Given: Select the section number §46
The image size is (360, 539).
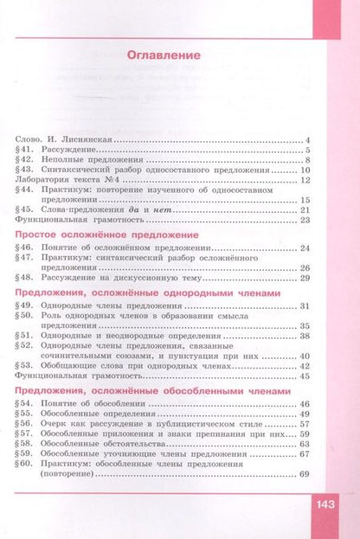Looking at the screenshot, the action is [x=25, y=249].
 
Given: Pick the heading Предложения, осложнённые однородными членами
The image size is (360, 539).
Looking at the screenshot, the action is [x=149, y=295].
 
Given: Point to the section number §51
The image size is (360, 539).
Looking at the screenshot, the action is [x=25, y=336].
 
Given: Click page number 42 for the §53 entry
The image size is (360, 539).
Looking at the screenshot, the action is [x=304, y=366].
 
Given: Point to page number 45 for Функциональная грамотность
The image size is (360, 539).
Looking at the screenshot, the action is [x=304, y=377].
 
